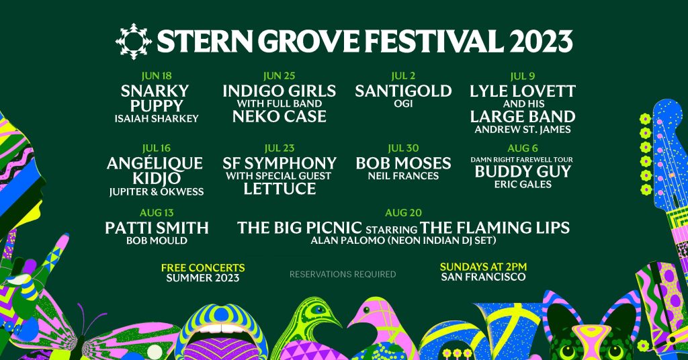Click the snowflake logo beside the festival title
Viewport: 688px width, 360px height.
point(133,42)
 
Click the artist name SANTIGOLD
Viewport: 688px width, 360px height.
point(403,91)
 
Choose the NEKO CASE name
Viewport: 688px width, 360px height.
point(279,117)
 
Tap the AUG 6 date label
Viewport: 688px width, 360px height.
point(522,148)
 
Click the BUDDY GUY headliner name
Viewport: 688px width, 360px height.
point(522,171)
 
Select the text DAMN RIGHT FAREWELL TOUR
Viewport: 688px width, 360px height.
point(522,159)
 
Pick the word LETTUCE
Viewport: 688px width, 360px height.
point(279,189)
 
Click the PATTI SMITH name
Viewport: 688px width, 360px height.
point(157,228)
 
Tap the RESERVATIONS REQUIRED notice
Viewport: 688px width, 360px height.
point(343,274)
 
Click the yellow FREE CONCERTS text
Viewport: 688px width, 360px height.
point(203,268)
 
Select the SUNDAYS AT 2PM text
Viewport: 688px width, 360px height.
point(484,267)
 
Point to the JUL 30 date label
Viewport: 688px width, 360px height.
point(403,148)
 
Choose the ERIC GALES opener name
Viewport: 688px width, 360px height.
point(522,184)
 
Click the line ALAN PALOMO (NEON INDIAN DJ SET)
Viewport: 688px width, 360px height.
point(403,240)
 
